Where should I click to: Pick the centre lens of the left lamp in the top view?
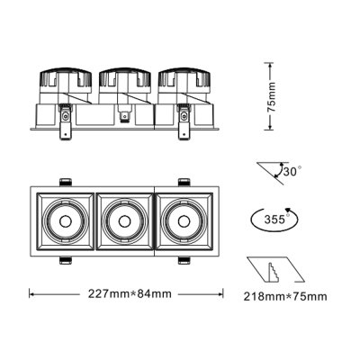click(66, 220)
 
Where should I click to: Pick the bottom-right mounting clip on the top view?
click(183, 261)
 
